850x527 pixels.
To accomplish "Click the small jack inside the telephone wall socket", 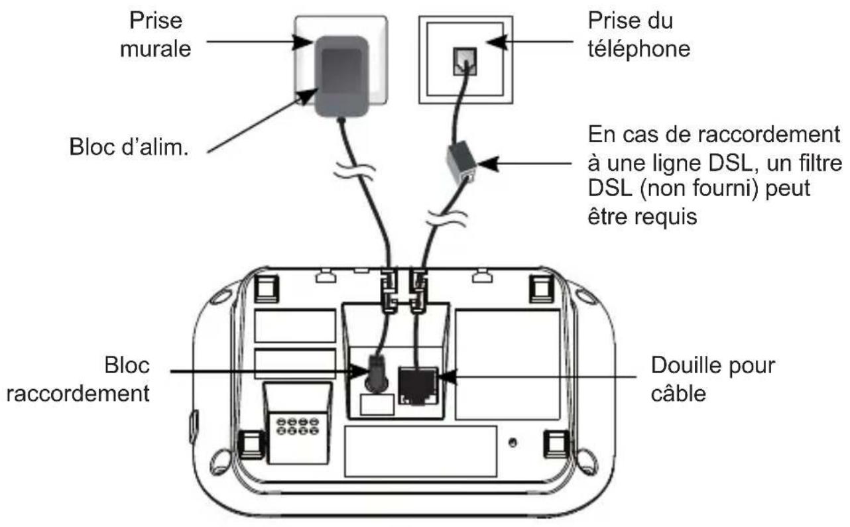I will click(x=462, y=59).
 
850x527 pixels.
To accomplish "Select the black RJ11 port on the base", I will click(x=416, y=384).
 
